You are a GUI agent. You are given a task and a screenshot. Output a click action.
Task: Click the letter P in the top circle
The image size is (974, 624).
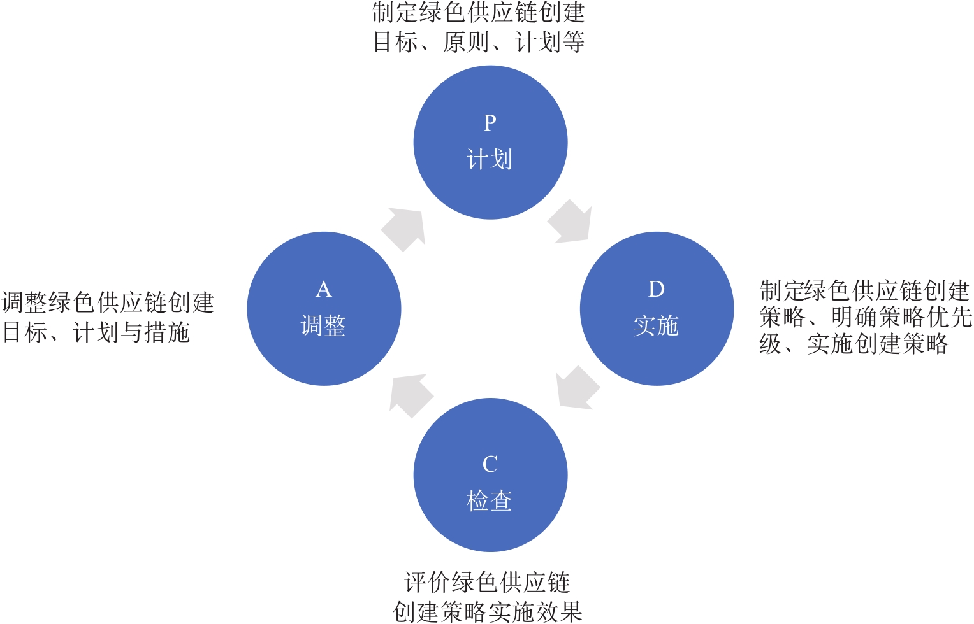tap(490, 122)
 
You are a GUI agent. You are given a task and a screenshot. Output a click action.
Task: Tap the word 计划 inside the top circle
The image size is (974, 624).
tap(490, 159)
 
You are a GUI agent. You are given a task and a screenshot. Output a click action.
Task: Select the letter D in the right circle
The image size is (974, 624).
tap(656, 289)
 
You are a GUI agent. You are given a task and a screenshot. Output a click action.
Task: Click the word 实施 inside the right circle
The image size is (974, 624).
tap(656, 326)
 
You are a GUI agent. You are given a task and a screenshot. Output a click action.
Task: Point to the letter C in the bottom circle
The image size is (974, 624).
tap(490, 464)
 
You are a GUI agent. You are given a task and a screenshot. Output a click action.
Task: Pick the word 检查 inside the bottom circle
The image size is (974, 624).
tap(490, 501)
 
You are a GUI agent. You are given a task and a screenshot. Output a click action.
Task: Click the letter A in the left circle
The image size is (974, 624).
tap(324, 289)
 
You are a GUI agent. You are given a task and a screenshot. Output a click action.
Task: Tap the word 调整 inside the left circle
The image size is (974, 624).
tap(324, 326)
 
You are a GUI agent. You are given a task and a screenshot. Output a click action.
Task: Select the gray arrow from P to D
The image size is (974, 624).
tap(570, 222)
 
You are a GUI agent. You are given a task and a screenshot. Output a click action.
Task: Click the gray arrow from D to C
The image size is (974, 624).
tap(577, 387)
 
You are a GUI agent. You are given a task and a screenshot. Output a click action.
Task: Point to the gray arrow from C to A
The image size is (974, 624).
tap(411, 395)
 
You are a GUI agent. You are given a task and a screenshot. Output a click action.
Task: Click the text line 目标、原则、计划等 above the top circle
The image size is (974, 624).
tap(479, 43)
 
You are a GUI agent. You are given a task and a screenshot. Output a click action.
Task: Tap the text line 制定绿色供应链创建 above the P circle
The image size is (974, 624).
tap(479, 13)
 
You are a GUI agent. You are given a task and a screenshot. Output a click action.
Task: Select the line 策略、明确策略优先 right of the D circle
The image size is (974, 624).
tap(866, 317)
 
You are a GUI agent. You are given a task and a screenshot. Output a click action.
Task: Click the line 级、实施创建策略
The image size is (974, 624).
tap(854, 344)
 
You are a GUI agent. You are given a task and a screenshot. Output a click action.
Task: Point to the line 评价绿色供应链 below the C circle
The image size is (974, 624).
tap(488, 582)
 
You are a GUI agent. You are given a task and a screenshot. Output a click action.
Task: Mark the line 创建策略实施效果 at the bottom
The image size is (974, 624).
tap(488, 612)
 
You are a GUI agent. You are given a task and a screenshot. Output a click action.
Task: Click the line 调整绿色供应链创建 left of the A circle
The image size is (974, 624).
tap(108, 302)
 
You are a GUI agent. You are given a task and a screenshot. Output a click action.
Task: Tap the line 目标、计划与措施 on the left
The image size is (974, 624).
tap(96, 332)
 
